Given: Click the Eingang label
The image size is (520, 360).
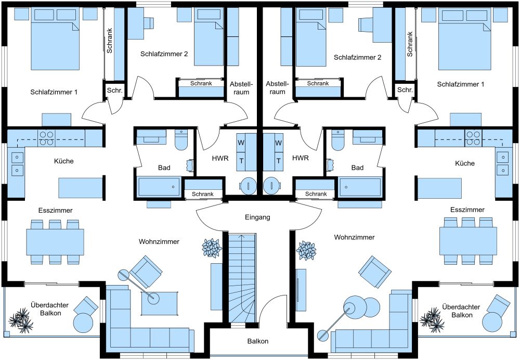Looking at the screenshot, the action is coord(257,217).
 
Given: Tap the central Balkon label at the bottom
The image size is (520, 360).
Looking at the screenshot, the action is coord(258,341).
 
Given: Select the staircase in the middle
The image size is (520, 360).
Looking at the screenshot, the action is coord(242,278).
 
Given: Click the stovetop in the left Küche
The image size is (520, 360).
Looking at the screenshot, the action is coord(46,138).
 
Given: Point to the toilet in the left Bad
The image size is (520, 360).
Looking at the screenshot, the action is coord(181,140).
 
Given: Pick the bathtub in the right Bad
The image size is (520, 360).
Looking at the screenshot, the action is coord(360,187).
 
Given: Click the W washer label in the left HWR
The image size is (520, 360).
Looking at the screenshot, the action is coord(241,143).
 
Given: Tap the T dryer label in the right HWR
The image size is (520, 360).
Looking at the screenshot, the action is coord(279,161).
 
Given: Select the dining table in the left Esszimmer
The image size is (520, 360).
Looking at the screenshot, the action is coord(55,241).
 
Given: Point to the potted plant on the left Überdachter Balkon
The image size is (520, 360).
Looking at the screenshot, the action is coord(21,320).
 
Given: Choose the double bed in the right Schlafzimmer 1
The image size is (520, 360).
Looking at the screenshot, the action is coord(464,39).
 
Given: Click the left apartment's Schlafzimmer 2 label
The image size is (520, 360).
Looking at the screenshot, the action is coord(164,54).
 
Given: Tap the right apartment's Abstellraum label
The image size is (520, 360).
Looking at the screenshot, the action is coord(277,88).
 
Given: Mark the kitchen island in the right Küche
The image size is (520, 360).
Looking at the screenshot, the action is coord(439,188).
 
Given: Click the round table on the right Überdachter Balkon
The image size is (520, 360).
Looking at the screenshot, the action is coord(492,322).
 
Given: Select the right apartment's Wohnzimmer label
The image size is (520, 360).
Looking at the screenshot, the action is coord(354,237).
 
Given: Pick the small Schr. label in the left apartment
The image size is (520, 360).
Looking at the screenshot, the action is coord(115,90).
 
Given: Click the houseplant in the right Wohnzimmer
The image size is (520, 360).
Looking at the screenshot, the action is coord(306,250).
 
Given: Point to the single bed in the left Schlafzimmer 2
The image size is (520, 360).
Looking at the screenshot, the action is coord(209,36).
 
